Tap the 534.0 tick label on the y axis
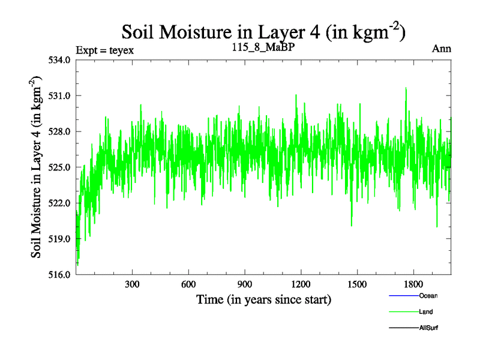[61, 60]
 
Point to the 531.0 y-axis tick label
[61, 96]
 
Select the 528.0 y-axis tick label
[61, 131]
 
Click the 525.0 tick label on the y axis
[61, 167]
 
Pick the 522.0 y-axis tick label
[61, 203]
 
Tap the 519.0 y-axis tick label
[61, 239]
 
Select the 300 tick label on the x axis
[132, 284]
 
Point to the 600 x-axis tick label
[188, 284]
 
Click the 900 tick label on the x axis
[245, 284]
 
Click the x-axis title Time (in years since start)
[263, 299]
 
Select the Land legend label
[426, 312]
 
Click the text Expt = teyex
[105, 50]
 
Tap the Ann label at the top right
[442, 49]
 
